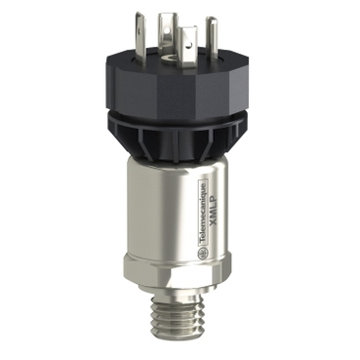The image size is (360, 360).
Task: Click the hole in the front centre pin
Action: [x=188, y=45]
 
